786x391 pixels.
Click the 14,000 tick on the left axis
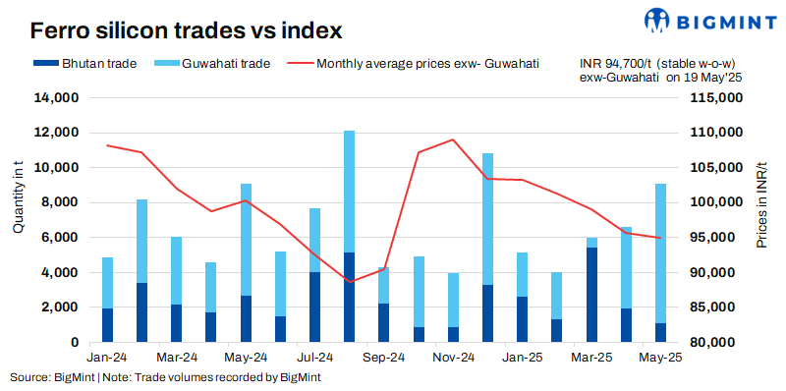pyautogui.click(x=57, y=98)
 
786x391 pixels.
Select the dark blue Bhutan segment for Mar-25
pyautogui.click(x=591, y=295)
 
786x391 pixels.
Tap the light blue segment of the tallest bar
pyautogui.click(x=349, y=192)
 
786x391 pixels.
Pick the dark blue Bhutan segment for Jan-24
pyautogui.click(x=108, y=325)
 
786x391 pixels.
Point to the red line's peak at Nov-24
pyautogui.click(x=452, y=140)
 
